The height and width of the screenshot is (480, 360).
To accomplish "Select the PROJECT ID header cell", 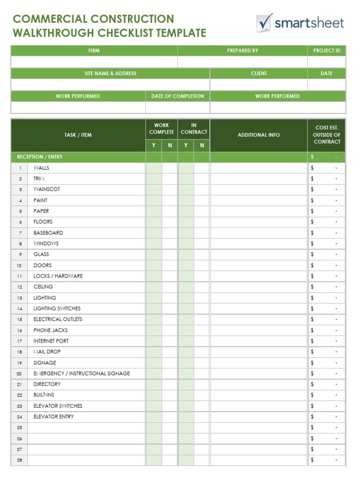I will point(327,51).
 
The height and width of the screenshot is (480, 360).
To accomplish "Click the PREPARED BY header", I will point(242,51).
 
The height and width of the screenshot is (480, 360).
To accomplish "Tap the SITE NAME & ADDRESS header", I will point(110,74).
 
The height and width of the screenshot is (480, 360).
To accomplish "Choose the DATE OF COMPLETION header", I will point(178,96).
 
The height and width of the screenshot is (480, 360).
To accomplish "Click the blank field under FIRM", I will point(94,62).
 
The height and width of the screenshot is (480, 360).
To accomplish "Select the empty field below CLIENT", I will point(259,85).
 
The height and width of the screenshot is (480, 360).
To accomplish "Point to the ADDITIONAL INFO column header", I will point(259,135).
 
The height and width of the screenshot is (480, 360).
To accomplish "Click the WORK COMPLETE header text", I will point(161,128).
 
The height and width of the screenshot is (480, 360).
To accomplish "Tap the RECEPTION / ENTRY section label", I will point(40,157).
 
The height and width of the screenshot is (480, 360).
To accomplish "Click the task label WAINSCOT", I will point(46,189).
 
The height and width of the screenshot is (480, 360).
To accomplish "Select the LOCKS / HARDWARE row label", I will point(58,276).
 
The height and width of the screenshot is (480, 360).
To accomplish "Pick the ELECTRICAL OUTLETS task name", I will point(58,319).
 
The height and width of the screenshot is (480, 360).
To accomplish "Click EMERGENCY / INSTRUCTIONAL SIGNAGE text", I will point(82,374).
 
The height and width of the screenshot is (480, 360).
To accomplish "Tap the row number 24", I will point(20,417).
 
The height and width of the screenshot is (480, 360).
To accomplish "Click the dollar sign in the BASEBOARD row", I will point(312,233).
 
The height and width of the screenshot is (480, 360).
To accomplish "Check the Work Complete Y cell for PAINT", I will point(153,200).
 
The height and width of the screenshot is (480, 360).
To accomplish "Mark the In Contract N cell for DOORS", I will point(202,265).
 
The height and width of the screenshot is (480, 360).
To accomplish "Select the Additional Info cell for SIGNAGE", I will point(259,363).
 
